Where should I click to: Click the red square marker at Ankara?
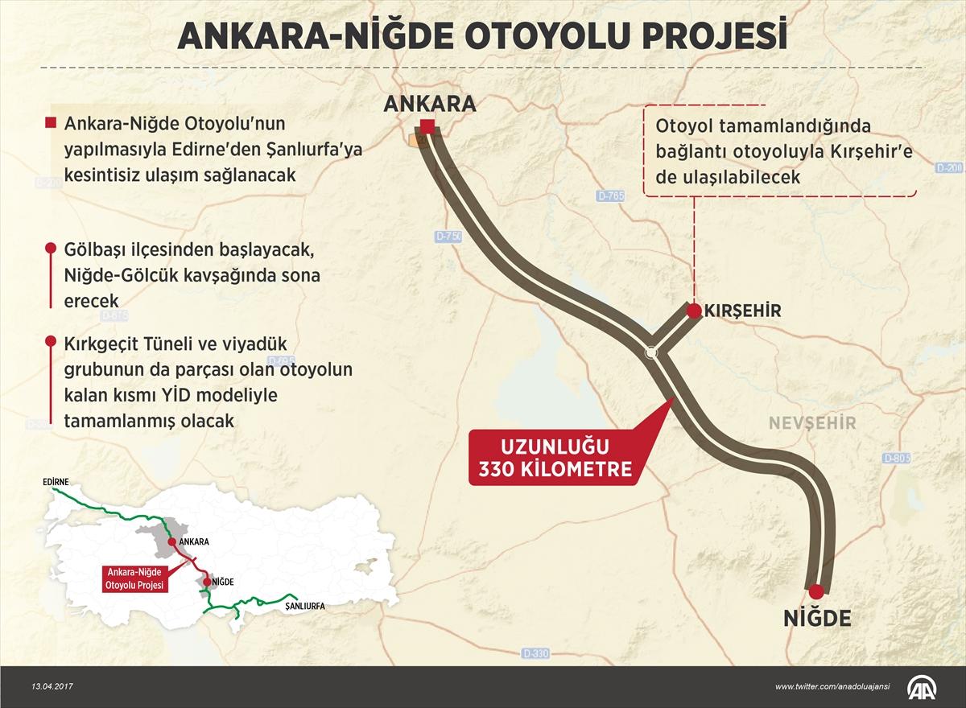427,126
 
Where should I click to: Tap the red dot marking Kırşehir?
692,310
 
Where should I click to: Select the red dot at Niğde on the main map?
816,589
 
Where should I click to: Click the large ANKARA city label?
430,103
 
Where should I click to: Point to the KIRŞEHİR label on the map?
742,311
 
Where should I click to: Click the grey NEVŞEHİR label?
811,423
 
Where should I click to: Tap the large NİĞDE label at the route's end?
817,618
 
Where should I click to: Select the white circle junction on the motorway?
651,352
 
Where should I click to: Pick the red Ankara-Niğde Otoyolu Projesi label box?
134,578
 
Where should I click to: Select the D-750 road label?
448,237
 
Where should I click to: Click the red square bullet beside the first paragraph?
51,123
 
